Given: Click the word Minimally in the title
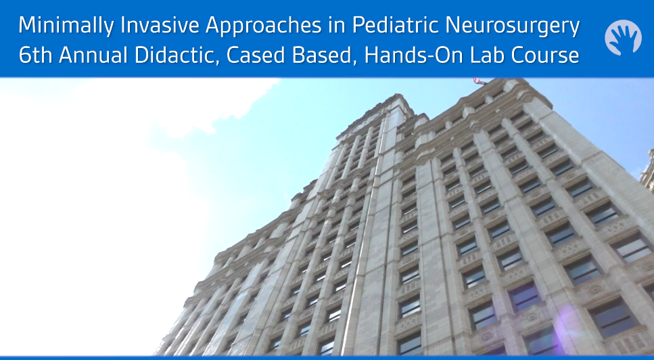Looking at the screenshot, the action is tap(66, 26).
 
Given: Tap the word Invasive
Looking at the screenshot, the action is tap(160, 26).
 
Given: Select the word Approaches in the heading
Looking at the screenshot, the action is tap(264, 26).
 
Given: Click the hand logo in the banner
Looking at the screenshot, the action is tap(623, 37).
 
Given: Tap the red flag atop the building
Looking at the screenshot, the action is tap(480, 81).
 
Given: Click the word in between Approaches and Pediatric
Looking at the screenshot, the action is tap(337, 26).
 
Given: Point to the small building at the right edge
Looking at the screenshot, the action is tap(648, 171).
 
